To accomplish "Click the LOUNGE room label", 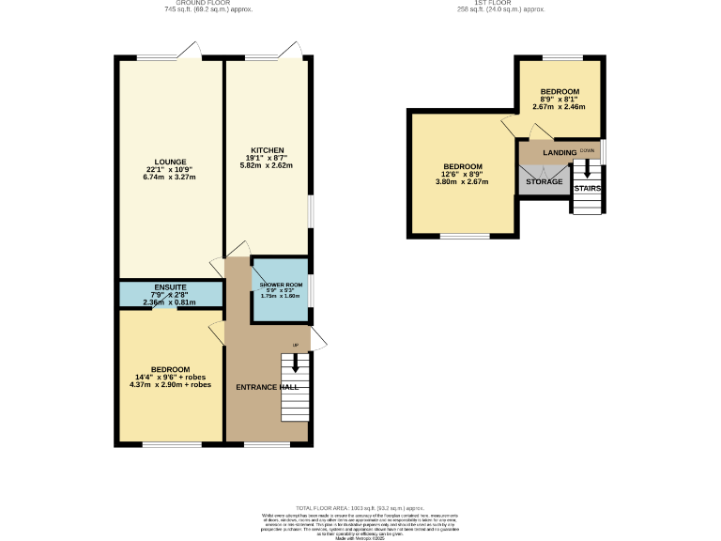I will (x=171, y=161).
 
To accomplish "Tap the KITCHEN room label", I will (x=267, y=149).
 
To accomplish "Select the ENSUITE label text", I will (x=171, y=286).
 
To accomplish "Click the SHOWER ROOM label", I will (x=279, y=283).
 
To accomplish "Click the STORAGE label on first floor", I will (x=544, y=180).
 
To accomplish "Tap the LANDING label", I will (x=560, y=151).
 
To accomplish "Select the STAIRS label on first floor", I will (x=588, y=188).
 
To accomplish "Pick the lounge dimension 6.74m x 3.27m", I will (x=171, y=177).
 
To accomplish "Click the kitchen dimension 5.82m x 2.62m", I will (x=267, y=165).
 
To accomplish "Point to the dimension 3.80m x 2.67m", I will (x=463, y=182).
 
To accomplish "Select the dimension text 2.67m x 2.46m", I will (x=559, y=107).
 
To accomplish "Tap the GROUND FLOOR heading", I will (x=197, y=4).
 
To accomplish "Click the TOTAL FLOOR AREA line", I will (x=360, y=506).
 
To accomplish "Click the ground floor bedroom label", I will (x=171, y=369).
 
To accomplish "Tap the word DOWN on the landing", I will (x=587, y=150).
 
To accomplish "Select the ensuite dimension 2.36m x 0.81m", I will (x=171, y=302).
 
